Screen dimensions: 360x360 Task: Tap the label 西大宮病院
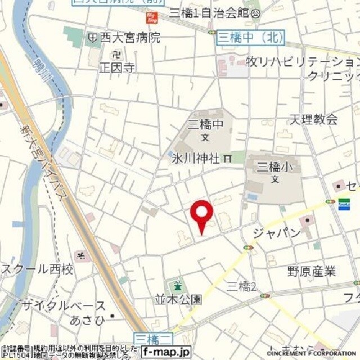(x=129, y=38)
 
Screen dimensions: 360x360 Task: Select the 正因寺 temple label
(x=117, y=68)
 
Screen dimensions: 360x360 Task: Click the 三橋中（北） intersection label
(x=251, y=37)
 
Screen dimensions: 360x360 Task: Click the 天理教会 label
(x=313, y=119)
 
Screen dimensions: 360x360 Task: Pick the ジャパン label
(x=277, y=233)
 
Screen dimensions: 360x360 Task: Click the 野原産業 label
(x=312, y=272)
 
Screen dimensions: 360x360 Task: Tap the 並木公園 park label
(x=178, y=299)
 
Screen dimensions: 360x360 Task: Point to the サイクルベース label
(x=64, y=306)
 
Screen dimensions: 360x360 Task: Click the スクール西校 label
(x=37, y=270)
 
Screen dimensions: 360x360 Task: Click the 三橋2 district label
(x=241, y=286)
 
